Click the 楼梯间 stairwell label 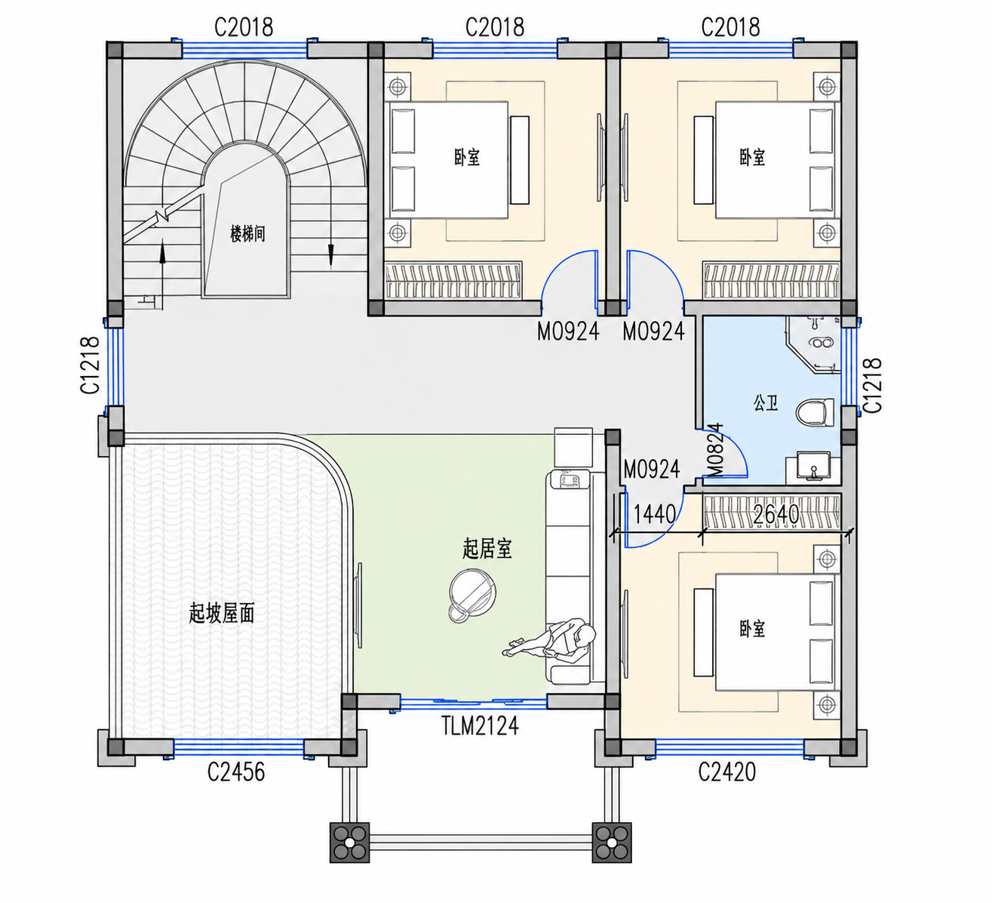[x=247, y=233]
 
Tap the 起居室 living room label [x=487, y=549]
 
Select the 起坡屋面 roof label [x=222, y=614]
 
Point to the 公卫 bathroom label [x=766, y=402]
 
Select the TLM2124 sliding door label [x=480, y=727]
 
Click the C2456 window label [x=236, y=772]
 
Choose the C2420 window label [x=727, y=772]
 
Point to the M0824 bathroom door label [x=715, y=450]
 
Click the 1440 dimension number [x=654, y=514]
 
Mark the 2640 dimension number [x=775, y=514]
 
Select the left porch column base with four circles [x=349, y=843]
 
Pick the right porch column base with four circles [x=612, y=843]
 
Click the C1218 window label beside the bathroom [x=874, y=384]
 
